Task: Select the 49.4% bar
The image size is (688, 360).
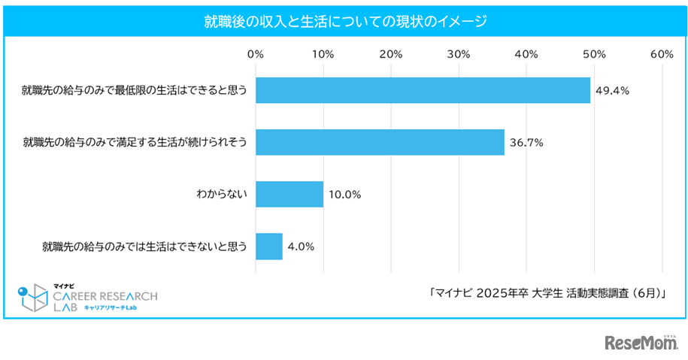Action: click(x=423, y=90)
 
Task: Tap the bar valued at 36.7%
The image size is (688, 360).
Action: click(x=380, y=142)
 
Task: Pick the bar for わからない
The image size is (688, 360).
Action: click(x=289, y=194)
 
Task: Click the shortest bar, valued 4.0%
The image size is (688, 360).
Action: click(x=269, y=246)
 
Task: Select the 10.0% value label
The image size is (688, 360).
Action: click(x=344, y=194)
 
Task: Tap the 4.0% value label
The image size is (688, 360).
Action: click(x=301, y=246)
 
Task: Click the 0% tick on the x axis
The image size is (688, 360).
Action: click(x=256, y=54)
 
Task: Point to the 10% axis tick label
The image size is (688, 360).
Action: click(x=323, y=54)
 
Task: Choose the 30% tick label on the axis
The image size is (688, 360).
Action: click(x=459, y=54)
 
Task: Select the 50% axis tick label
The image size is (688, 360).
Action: click(x=594, y=54)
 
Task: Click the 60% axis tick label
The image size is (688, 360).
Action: click(x=662, y=54)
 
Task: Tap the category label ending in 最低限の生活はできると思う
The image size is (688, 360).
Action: click(x=135, y=90)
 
